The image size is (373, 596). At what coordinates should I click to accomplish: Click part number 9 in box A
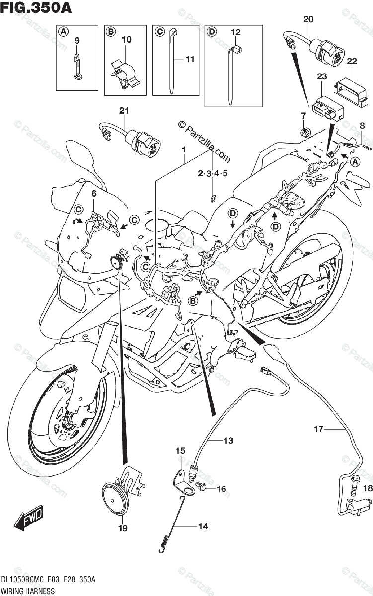click(77, 40)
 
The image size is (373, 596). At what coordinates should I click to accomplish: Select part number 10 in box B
click(126, 39)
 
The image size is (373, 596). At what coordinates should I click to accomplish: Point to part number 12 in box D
click(235, 33)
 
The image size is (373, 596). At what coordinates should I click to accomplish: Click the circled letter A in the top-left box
click(63, 32)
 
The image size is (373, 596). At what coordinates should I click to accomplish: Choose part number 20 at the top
click(308, 19)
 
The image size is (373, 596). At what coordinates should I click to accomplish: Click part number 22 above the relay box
click(352, 61)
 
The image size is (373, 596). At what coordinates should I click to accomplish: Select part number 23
click(322, 76)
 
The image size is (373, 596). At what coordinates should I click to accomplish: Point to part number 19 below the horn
click(123, 528)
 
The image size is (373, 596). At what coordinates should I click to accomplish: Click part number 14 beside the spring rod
click(203, 526)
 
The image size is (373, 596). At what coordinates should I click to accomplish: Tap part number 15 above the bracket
click(180, 451)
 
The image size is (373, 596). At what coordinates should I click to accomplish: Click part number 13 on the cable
click(227, 440)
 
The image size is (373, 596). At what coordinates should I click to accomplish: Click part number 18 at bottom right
click(367, 488)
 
